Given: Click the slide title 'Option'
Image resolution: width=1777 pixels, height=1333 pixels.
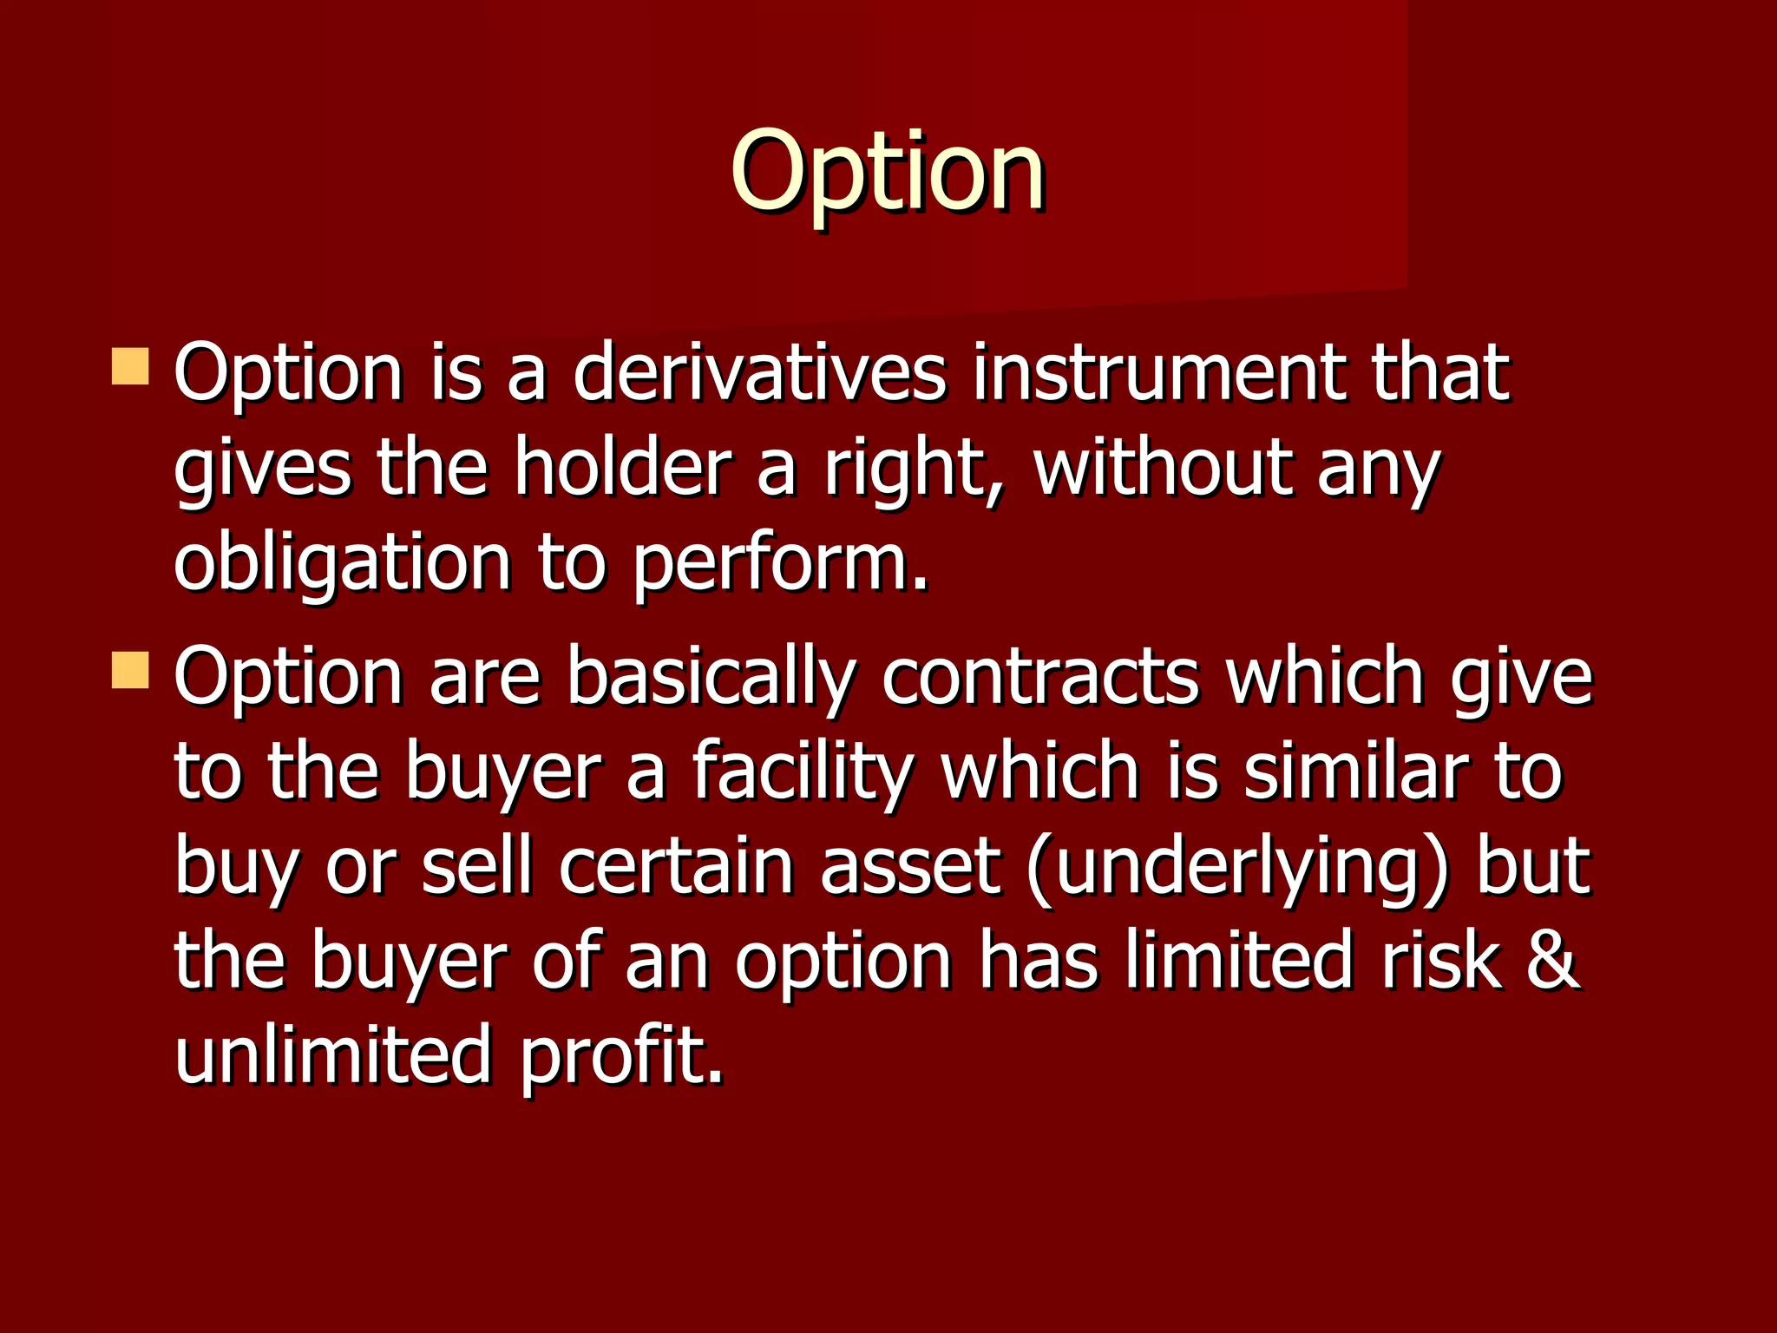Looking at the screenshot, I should coord(888,172).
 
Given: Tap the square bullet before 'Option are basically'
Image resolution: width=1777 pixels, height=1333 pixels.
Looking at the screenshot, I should coord(130,671).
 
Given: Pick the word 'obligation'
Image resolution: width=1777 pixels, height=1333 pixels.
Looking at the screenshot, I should coord(342,564).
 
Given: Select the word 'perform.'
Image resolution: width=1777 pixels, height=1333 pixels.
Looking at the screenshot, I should coord(781,564).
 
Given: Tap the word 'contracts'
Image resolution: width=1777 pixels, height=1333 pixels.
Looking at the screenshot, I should coord(1040,677).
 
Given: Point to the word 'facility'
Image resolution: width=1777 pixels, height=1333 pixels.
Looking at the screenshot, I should coord(803,772).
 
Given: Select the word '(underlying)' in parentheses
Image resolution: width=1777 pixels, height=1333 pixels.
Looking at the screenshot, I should coord(1237,868).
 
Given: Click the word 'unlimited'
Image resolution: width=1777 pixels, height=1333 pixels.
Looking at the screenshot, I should coord(332,1055).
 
